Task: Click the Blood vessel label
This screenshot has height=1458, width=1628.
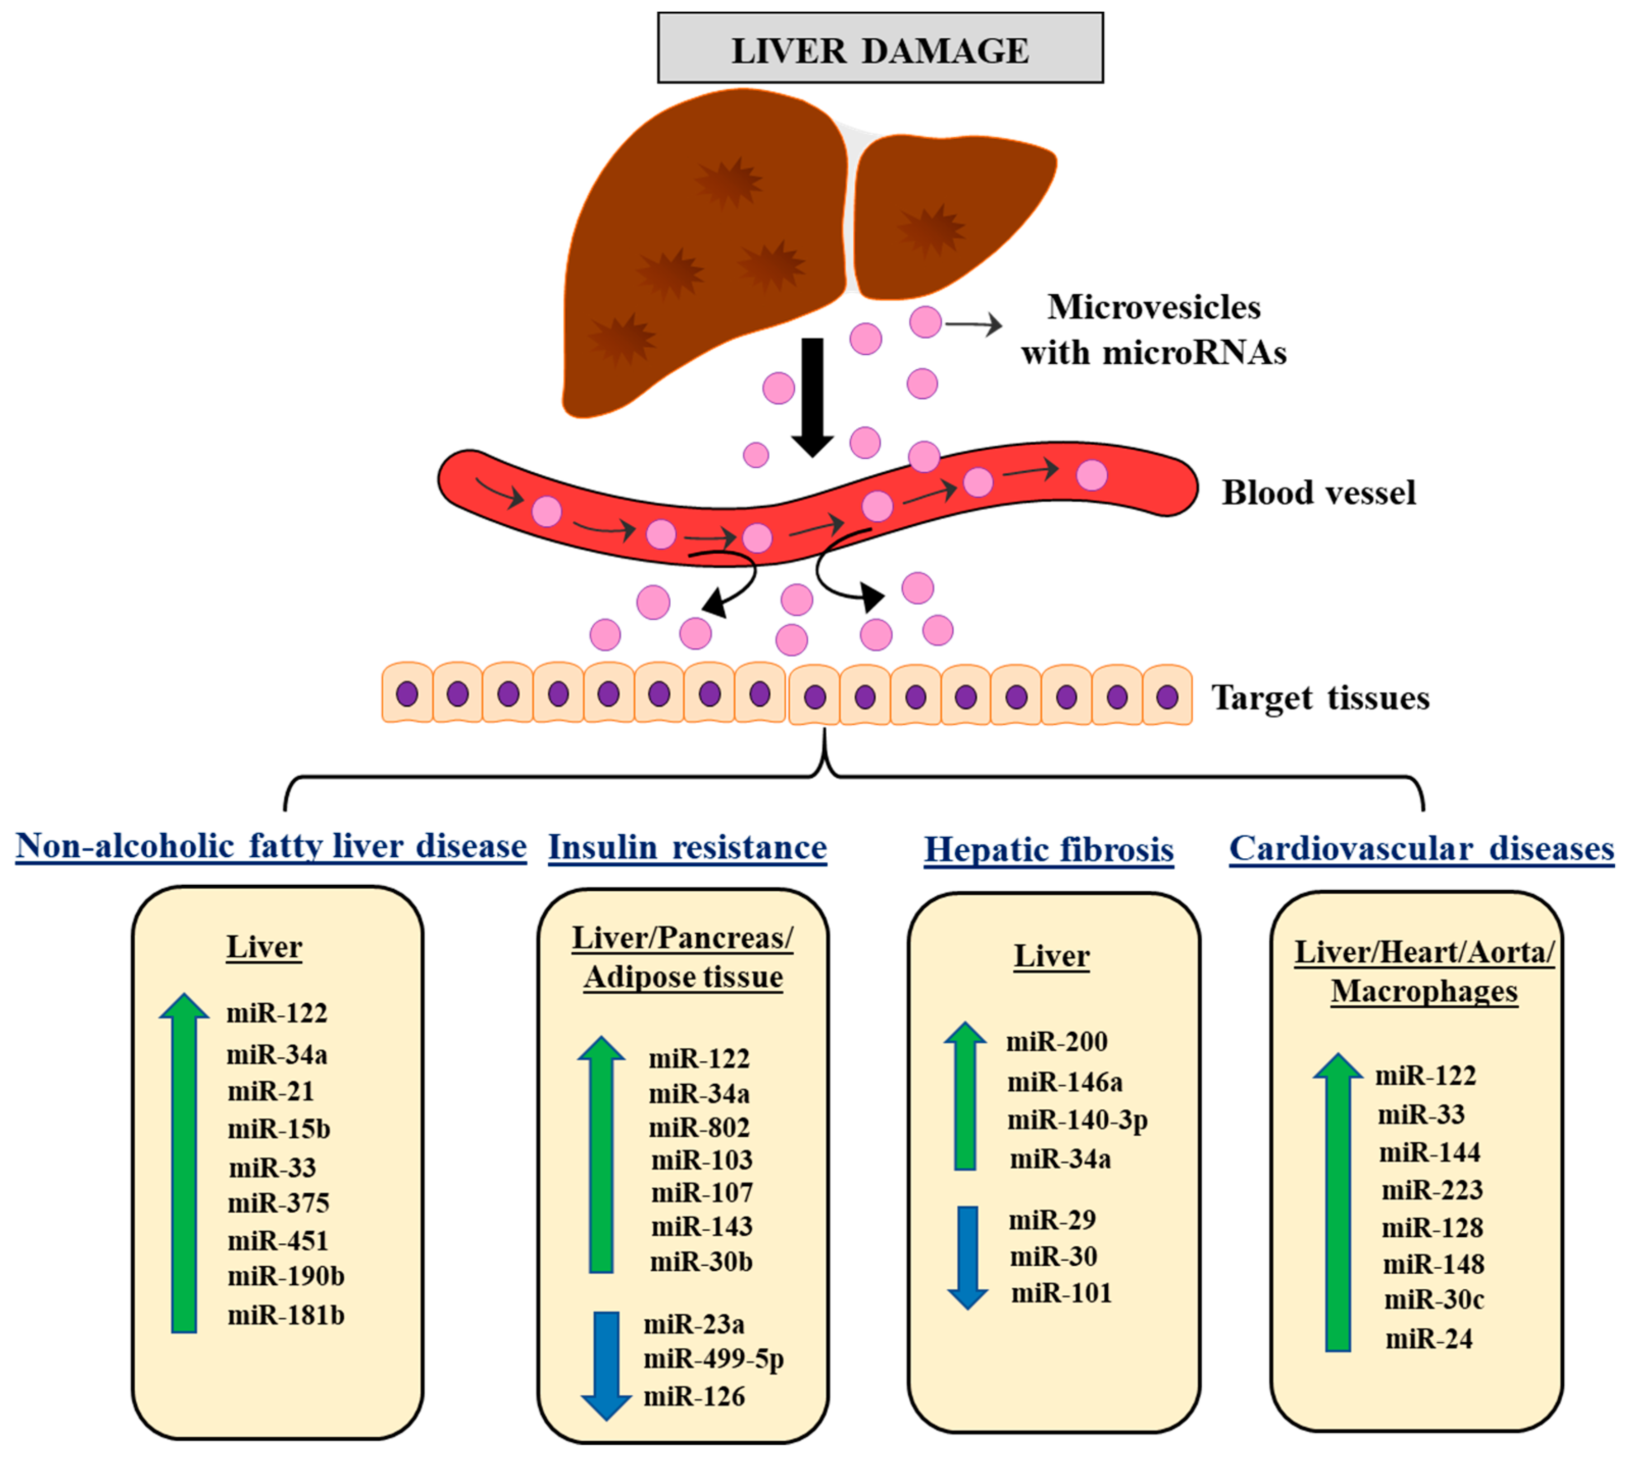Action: [1318, 493]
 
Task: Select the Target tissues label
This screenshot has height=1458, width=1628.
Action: [1319, 698]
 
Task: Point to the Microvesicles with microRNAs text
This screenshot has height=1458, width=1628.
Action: [1154, 329]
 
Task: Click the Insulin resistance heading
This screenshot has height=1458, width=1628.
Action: [686, 848]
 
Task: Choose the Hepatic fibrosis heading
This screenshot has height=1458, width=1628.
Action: [1048, 849]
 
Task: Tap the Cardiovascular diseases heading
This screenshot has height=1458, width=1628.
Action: [1421, 848]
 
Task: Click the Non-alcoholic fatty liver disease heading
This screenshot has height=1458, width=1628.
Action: [271, 846]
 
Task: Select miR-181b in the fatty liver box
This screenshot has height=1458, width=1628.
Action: [286, 1315]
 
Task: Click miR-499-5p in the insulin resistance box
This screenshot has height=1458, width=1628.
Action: [713, 1359]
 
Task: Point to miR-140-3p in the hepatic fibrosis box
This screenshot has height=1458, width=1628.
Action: [1077, 1119]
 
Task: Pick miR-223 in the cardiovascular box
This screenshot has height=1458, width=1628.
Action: [1432, 1190]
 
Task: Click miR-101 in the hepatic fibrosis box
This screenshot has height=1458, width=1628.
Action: [1061, 1293]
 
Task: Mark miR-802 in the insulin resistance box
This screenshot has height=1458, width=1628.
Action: [699, 1127]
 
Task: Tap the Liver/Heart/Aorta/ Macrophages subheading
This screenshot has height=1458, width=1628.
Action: [1423, 971]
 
